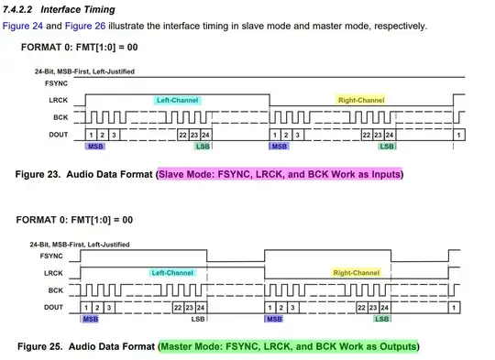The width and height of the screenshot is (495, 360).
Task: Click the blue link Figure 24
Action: [x=22, y=26]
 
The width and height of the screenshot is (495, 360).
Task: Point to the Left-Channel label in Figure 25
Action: [x=172, y=273]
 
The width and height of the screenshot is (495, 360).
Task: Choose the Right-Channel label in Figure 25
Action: [x=356, y=273]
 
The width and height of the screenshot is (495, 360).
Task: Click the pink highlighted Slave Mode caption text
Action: [x=280, y=173]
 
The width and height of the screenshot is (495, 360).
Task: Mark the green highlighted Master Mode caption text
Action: [x=288, y=347]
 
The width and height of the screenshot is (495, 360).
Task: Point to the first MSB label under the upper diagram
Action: [x=94, y=146]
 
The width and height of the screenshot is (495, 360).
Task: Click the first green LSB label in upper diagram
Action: [x=203, y=146]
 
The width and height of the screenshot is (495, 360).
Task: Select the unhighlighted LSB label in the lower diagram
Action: [x=198, y=320]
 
